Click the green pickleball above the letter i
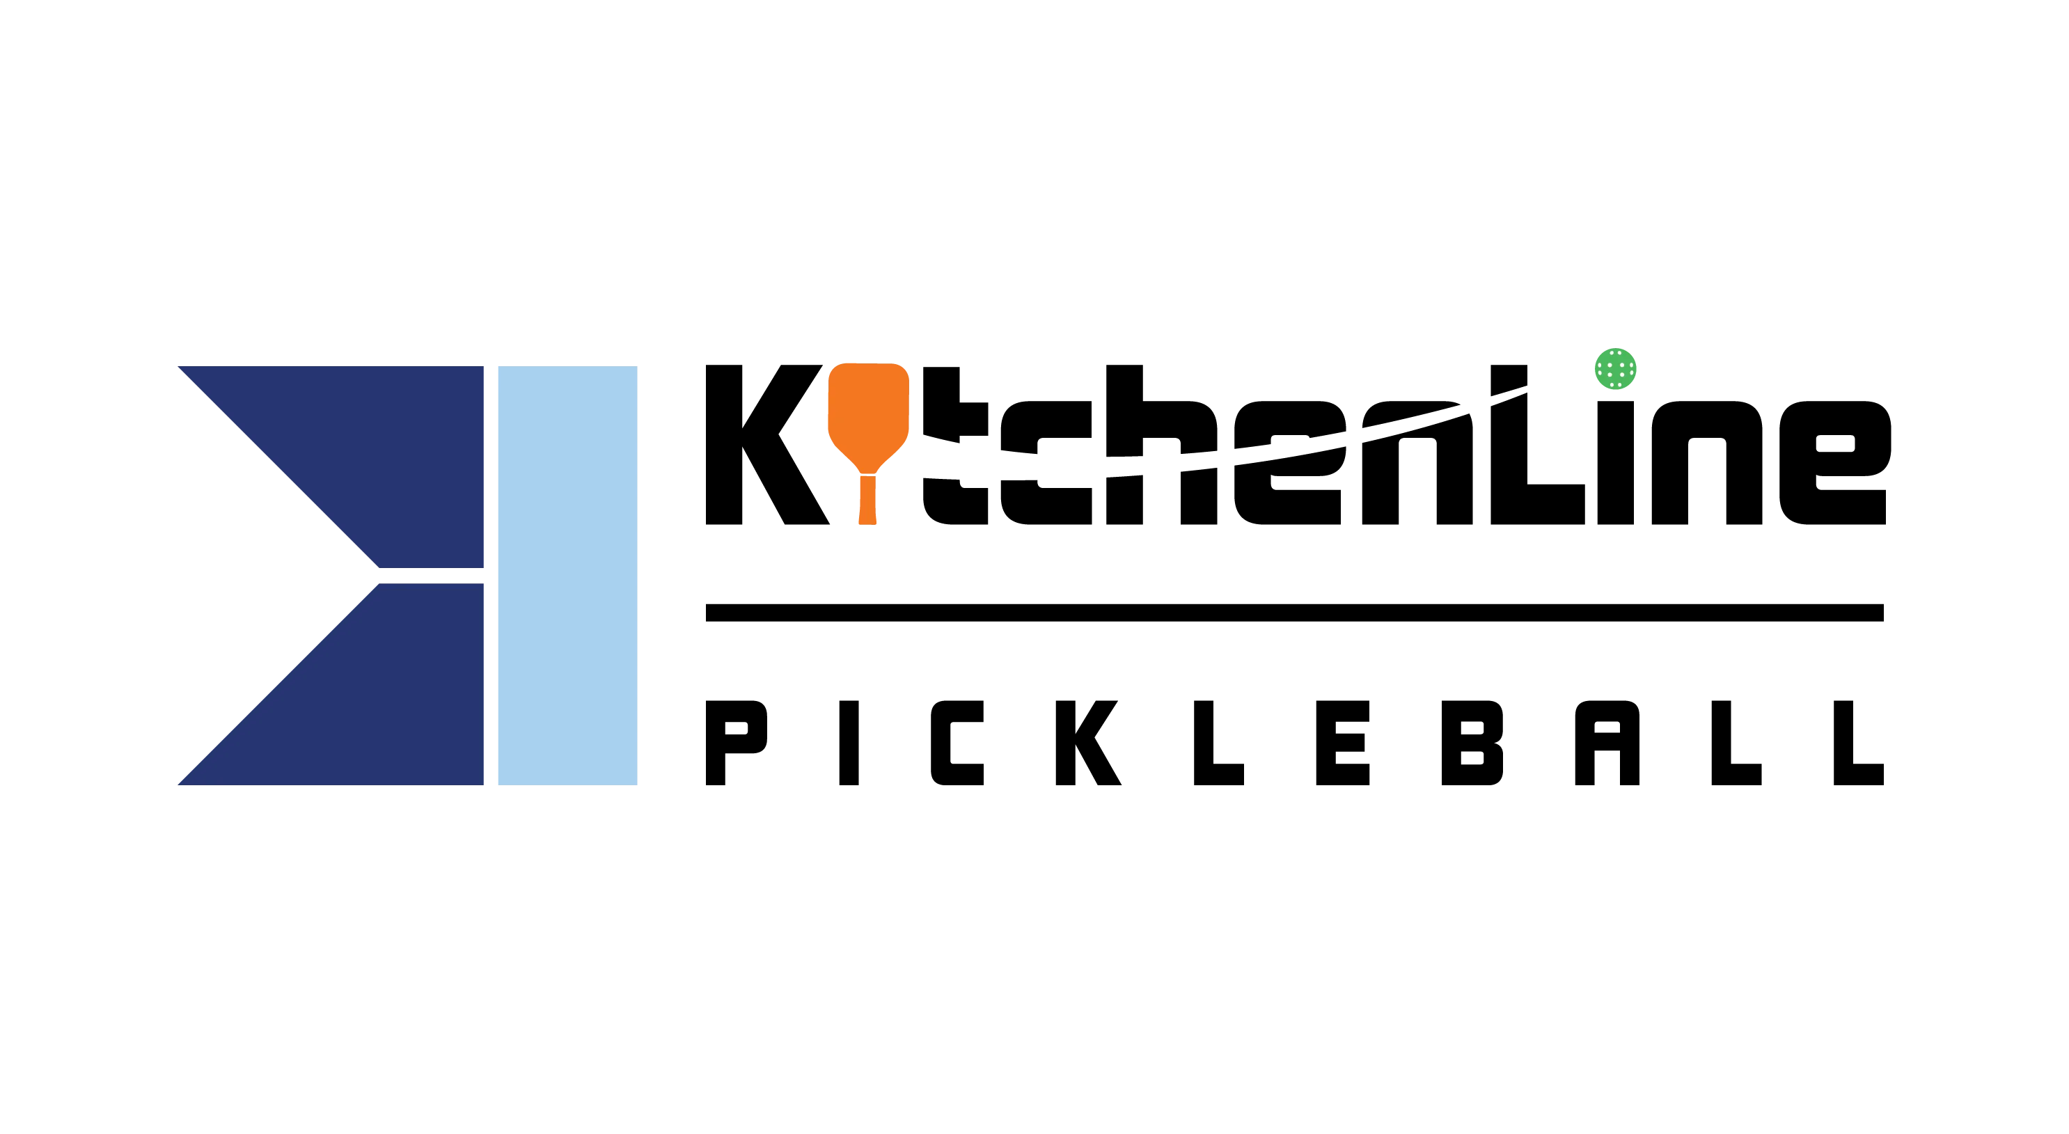(1615, 369)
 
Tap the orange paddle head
(868, 416)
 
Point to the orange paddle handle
(867, 501)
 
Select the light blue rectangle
(568, 576)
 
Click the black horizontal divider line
(1295, 613)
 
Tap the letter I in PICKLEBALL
(849, 743)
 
